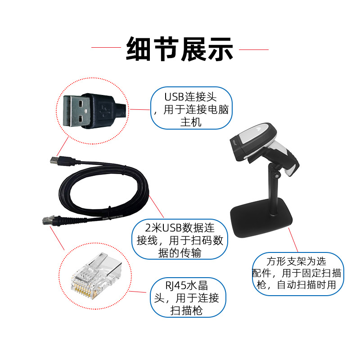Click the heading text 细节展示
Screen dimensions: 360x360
click(x=180, y=49)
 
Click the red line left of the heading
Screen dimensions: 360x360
click(x=106, y=48)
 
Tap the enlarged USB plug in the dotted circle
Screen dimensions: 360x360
click(x=94, y=111)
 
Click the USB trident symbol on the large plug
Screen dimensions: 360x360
click(x=105, y=111)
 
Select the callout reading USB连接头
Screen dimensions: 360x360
click(x=191, y=108)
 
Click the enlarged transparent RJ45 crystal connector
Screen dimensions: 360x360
click(x=96, y=275)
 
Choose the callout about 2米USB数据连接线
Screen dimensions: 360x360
click(x=180, y=239)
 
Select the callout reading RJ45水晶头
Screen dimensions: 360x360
click(x=188, y=297)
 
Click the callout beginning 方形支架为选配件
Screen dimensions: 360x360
click(x=298, y=274)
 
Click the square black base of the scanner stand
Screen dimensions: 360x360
click(x=261, y=216)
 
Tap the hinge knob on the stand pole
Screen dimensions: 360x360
click(x=276, y=176)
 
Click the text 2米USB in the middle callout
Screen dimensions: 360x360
click(x=163, y=228)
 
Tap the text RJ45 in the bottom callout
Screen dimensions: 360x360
click(x=175, y=286)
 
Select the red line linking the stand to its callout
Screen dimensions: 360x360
click(x=293, y=240)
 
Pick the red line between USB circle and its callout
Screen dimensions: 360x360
click(x=140, y=109)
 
